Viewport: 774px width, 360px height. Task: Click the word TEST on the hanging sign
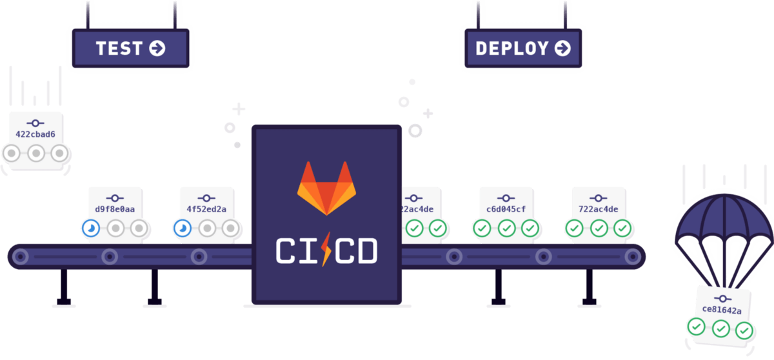[x=119, y=48]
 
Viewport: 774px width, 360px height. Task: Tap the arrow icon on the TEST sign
[x=157, y=48]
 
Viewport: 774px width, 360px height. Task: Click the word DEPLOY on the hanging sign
[x=511, y=48]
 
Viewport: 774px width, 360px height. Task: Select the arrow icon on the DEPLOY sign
[x=562, y=48]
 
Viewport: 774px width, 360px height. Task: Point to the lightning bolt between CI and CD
[x=326, y=250]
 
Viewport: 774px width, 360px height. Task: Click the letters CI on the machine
[x=295, y=251]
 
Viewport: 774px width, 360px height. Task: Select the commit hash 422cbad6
[x=35, y=134]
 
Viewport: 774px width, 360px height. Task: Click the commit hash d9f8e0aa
[x=115, y=209]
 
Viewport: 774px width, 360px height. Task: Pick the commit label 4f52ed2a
[x=206, y=209]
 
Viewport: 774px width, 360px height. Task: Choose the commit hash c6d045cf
[x=506, y=209]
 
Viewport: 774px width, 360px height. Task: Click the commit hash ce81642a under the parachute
[x=722, y=310]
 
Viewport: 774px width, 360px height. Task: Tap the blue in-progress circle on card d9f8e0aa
[x=91, y=228]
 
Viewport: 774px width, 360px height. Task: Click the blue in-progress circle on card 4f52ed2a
[x=183, y=228]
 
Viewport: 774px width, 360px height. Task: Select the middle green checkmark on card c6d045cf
[x=506, y=228]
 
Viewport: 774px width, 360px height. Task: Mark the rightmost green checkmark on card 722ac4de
[x=622, y=228]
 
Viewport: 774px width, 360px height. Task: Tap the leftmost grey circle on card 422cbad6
[x=12, y=154]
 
